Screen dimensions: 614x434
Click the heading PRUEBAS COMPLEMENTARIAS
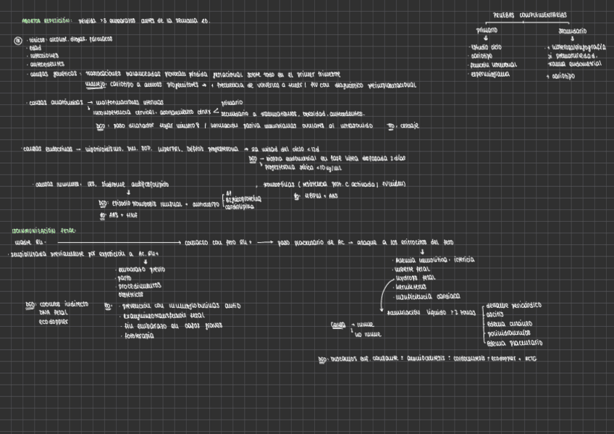[530, 14]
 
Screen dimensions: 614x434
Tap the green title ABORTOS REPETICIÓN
[46, 22]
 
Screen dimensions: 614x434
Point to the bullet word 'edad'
[35, 48]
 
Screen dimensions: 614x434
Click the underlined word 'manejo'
[95, 83]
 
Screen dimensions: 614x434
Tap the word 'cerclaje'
[409, 125]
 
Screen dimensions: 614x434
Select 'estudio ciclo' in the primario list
[487, 47]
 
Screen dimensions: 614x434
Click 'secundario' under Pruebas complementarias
[573, 31]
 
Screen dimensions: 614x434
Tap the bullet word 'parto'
[126, 277]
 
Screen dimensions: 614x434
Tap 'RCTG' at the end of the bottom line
[531, 359]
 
